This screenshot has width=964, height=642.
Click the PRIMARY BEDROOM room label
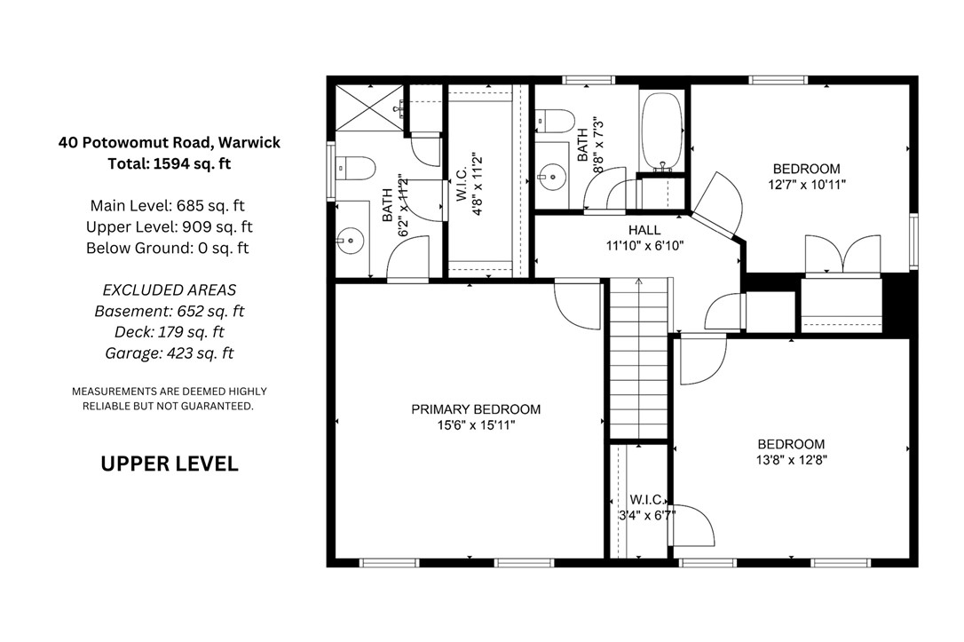point(476,409)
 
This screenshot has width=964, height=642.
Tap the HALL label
point(644,231)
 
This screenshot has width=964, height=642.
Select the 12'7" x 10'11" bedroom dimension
point(807,185)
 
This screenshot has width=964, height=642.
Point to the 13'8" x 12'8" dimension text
point(792,460)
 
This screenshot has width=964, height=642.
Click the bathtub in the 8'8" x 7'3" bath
point(661,131)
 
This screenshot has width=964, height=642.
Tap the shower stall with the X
point(368,107)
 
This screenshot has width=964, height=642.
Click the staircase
point(639,359)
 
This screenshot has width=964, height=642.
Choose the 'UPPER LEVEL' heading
point(169,464)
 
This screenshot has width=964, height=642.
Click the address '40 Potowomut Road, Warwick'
point(169,143)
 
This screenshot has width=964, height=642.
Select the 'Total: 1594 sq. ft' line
point(169,164)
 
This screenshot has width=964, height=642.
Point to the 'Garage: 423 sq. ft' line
point(169,353)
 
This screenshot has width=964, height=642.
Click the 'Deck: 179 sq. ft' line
point(169,333)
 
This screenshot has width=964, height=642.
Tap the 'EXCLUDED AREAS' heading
point(169,290)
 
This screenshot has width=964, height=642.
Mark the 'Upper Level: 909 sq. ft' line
point(169,227)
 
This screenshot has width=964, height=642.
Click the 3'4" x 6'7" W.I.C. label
point(647,508)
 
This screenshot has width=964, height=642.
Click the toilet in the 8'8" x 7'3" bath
point(555,121)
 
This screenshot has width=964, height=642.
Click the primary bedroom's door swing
point(577,305)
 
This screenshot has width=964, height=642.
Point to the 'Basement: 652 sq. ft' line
point(169,311)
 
